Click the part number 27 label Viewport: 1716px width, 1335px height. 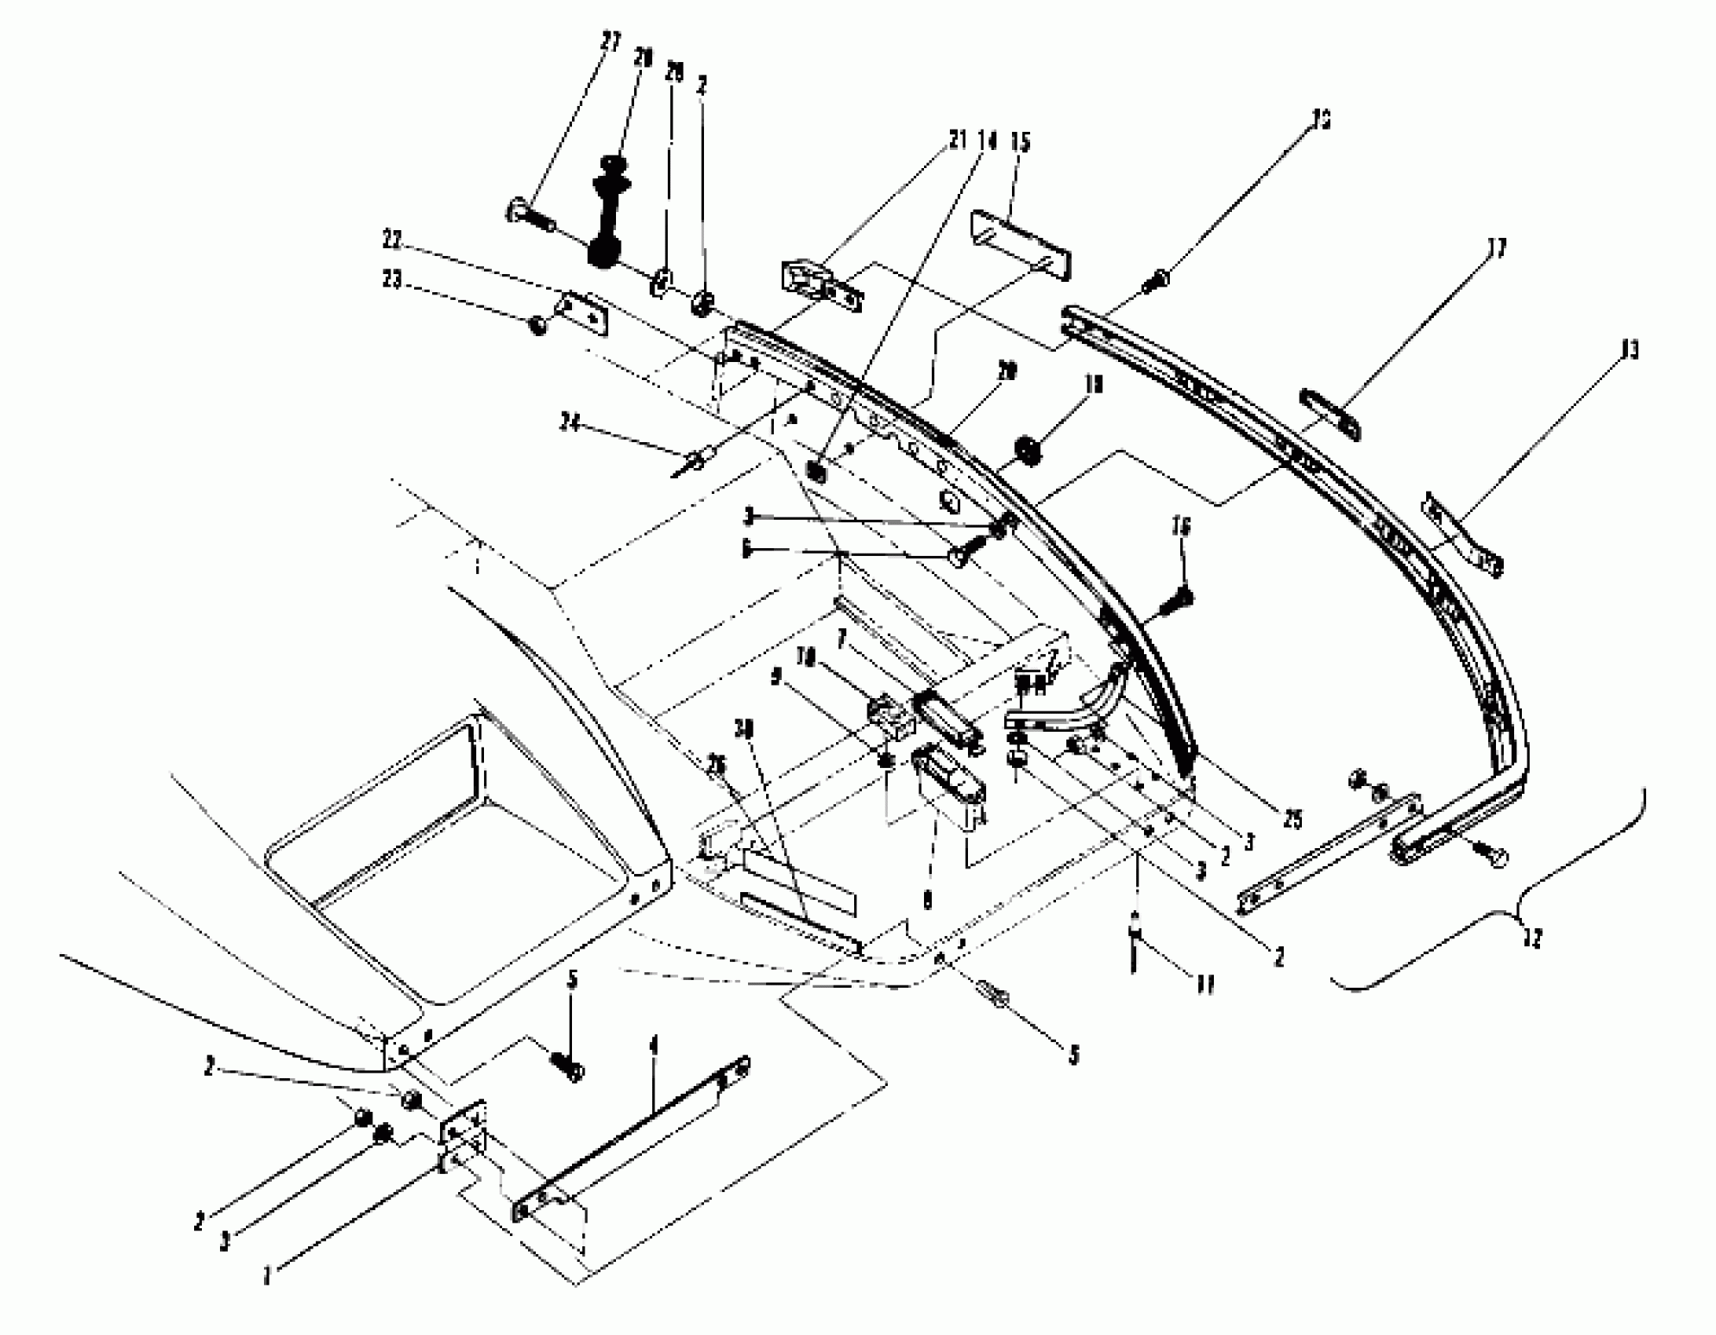pyautogui.click(x=610, y=42)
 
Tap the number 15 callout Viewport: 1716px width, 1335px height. pyautogui.click(x=1020, y=142)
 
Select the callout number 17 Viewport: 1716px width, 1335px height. pyautogui.click(x=1497, y=248)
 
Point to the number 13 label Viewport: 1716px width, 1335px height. pyautogui.click(x=1630, y=349)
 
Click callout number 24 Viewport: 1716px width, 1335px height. pyautogui.click(x=570, y=422)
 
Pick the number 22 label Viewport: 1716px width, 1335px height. pyautogui.click(x=392, y=240)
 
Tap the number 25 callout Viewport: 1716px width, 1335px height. pyautogui.click(x=1292, y=819)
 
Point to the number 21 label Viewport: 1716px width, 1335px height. pyautogui.click(x=957, y=140)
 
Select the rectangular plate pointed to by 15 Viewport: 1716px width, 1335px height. pyautogui.click(x=1021, y=244)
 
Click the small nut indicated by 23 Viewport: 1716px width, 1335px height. pyautogui.click(x=538, y=324)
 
